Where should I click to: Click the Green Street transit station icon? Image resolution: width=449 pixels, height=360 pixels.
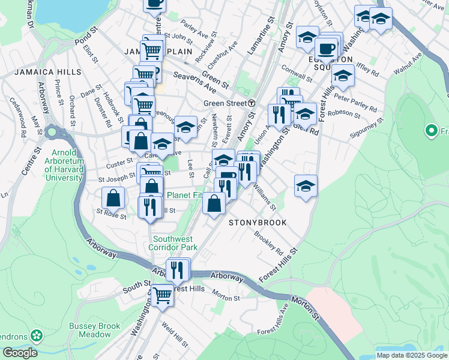252,103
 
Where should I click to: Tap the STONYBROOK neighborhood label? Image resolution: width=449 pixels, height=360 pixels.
258,223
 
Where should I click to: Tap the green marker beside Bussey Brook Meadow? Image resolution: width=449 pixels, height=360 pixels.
37,335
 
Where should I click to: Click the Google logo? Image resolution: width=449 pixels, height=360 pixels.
20,353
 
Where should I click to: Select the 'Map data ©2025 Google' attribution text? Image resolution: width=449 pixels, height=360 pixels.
412,355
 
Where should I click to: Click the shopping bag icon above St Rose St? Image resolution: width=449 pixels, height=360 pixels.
113,198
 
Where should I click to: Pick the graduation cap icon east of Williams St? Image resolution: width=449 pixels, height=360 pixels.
306,185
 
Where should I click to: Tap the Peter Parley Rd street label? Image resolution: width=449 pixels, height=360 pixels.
356,102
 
